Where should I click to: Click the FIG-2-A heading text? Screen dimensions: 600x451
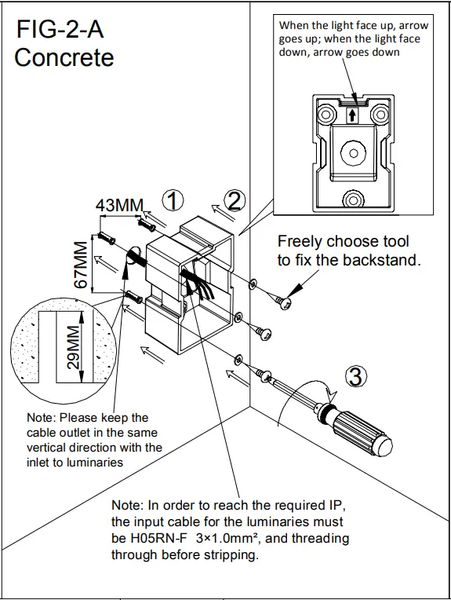[x=60, y=30]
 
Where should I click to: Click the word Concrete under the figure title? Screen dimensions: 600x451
[x=64, y=57]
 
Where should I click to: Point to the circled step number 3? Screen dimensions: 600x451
[x=355, y=377]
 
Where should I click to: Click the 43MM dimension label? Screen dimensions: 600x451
[x=119, y=205]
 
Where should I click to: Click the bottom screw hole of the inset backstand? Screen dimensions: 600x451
[x=352, y=199]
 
